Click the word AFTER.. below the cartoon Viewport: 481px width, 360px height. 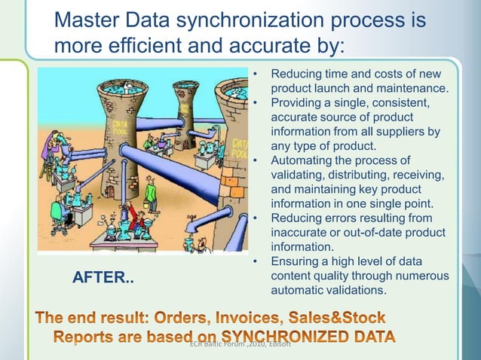coord(103,278)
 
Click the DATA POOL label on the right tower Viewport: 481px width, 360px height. coord(240,148)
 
